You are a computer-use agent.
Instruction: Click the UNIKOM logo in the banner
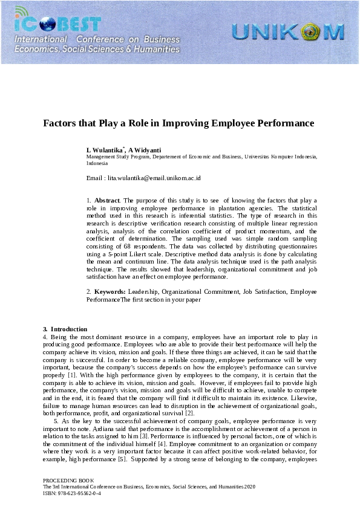[x=287, y=31]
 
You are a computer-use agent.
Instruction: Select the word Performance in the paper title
[x=285, y=123]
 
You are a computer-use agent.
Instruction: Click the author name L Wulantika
[x=105, y=150]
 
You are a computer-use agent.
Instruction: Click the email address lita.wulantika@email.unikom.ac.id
[x=154, y=178]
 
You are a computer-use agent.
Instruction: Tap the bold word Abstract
[x=107, y=200]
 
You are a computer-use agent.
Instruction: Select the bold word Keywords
[x=110, y=292]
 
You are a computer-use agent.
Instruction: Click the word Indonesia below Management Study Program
[x=97, y=163]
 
